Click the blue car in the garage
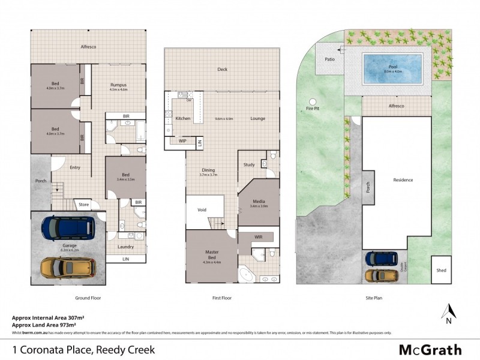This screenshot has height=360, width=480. click(68, 227)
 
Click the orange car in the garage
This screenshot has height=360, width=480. click(68, 266)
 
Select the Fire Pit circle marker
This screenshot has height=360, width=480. click(312, 101)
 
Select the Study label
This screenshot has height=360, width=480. click(249, 164)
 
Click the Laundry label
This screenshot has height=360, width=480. click(125, 247)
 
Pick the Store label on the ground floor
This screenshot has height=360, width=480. click(84, 205)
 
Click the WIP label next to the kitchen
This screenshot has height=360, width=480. click(181, 142)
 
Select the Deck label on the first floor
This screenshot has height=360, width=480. click(222, 70)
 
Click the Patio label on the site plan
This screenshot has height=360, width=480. click(329, 59)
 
